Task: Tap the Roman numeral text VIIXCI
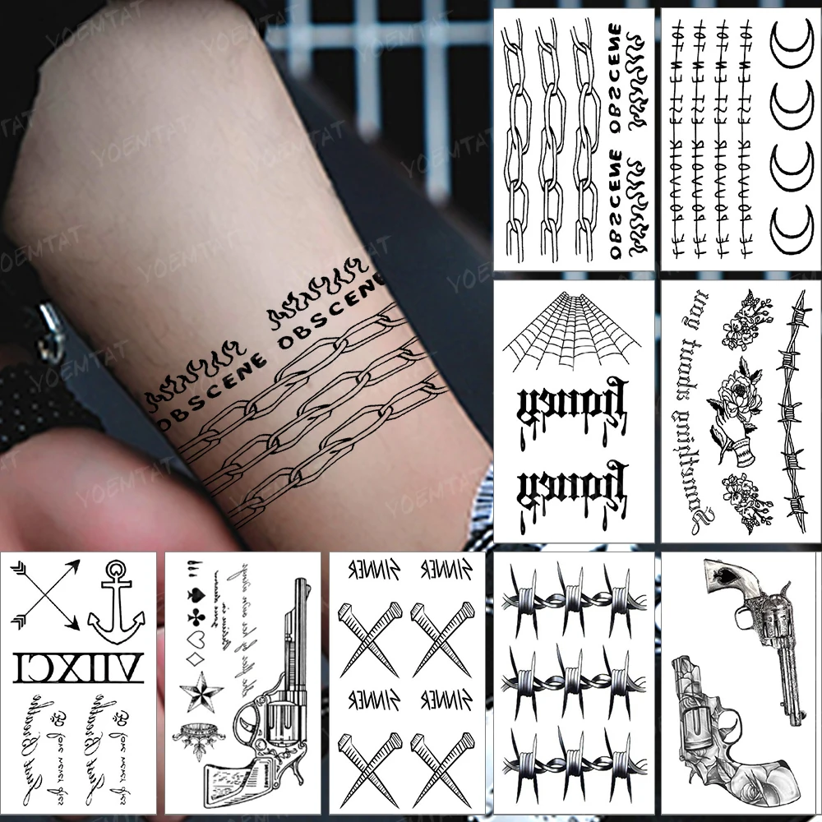79,663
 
